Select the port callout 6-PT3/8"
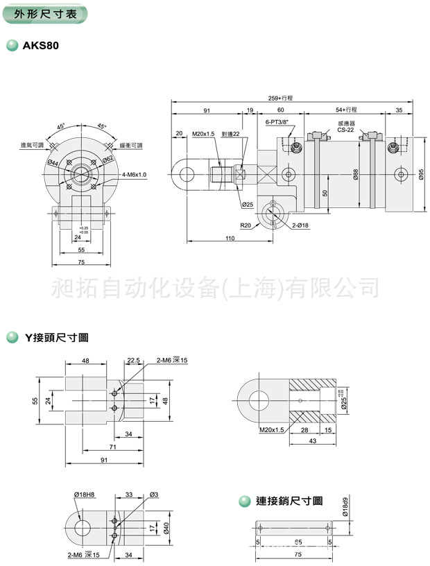[x=277, y=121]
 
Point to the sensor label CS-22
[x=345, y=130]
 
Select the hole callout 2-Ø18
[x=300, y=225]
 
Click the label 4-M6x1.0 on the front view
[x=133, y=175]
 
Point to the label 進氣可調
[x=32, y=145]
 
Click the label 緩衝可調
[x=130, y=145]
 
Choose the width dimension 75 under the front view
[x=80, y=261]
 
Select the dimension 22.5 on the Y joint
[x=133, y=361]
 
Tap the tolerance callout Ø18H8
[x=84, y=494]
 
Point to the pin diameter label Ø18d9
[x=345, y=507]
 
